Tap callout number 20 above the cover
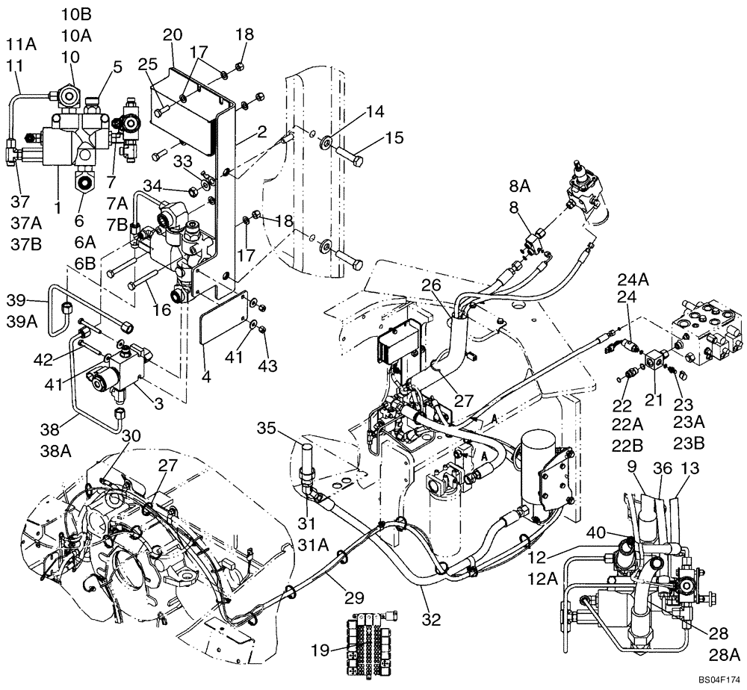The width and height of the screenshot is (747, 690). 173,36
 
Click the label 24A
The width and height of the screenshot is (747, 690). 631,282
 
